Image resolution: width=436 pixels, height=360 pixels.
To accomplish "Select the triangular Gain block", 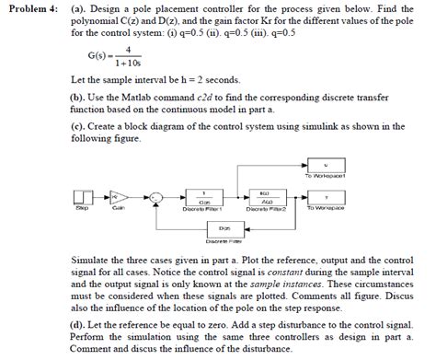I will click(x=118, y=195).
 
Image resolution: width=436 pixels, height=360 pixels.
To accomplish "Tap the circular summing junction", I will click(x=157, y=195).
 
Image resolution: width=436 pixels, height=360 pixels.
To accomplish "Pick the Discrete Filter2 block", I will click(x=266, y=196).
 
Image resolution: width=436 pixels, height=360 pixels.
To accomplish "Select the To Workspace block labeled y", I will click(x=327, y=195).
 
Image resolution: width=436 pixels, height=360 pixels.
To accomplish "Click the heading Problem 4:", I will click(x=31, y=8).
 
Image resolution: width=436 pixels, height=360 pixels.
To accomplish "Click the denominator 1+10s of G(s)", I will click(x=128, y=64).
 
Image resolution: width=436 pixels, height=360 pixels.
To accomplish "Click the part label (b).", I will click(x=78, y=95).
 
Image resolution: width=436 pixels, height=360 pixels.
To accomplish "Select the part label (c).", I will click(x=78, y=126).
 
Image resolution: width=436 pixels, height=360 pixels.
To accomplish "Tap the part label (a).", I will click(x=78, y=8).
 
